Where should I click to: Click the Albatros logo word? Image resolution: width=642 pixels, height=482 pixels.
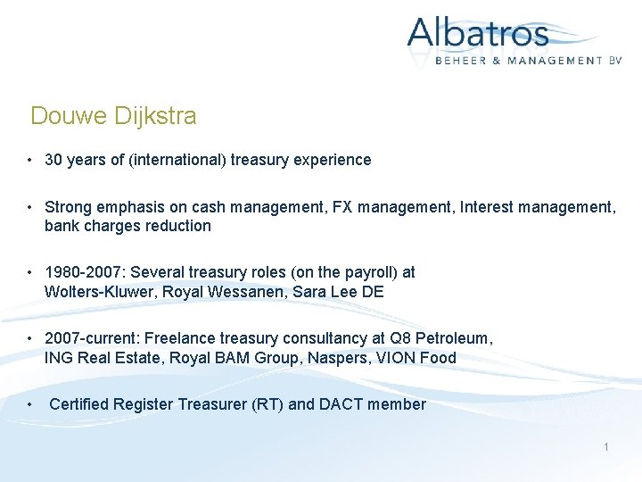(478, 34)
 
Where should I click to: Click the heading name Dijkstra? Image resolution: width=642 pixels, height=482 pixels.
(154, 116)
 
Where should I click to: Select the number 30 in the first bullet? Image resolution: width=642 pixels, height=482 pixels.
(53, 160)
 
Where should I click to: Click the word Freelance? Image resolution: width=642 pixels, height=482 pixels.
(175, 338)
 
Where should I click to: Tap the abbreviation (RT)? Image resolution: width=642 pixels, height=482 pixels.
(263, 404)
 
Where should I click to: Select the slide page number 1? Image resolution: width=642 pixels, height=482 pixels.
(606, 446)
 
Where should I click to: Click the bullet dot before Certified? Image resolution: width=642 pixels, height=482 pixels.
(30, 404)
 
